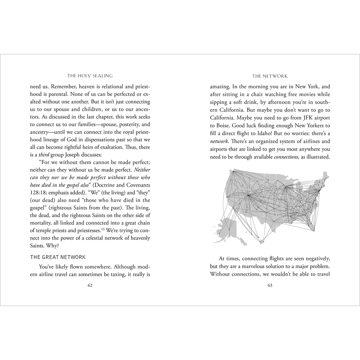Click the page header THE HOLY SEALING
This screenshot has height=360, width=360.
(x=90, y=76)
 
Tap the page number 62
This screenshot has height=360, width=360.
(x=90, y=285)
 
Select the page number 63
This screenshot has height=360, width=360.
(x=270, y=285)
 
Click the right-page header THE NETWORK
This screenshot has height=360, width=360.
(x=270, y=76)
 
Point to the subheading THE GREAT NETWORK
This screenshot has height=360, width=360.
(x=58, y=257)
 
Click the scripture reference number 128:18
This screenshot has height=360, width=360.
(x=38, y=192)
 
